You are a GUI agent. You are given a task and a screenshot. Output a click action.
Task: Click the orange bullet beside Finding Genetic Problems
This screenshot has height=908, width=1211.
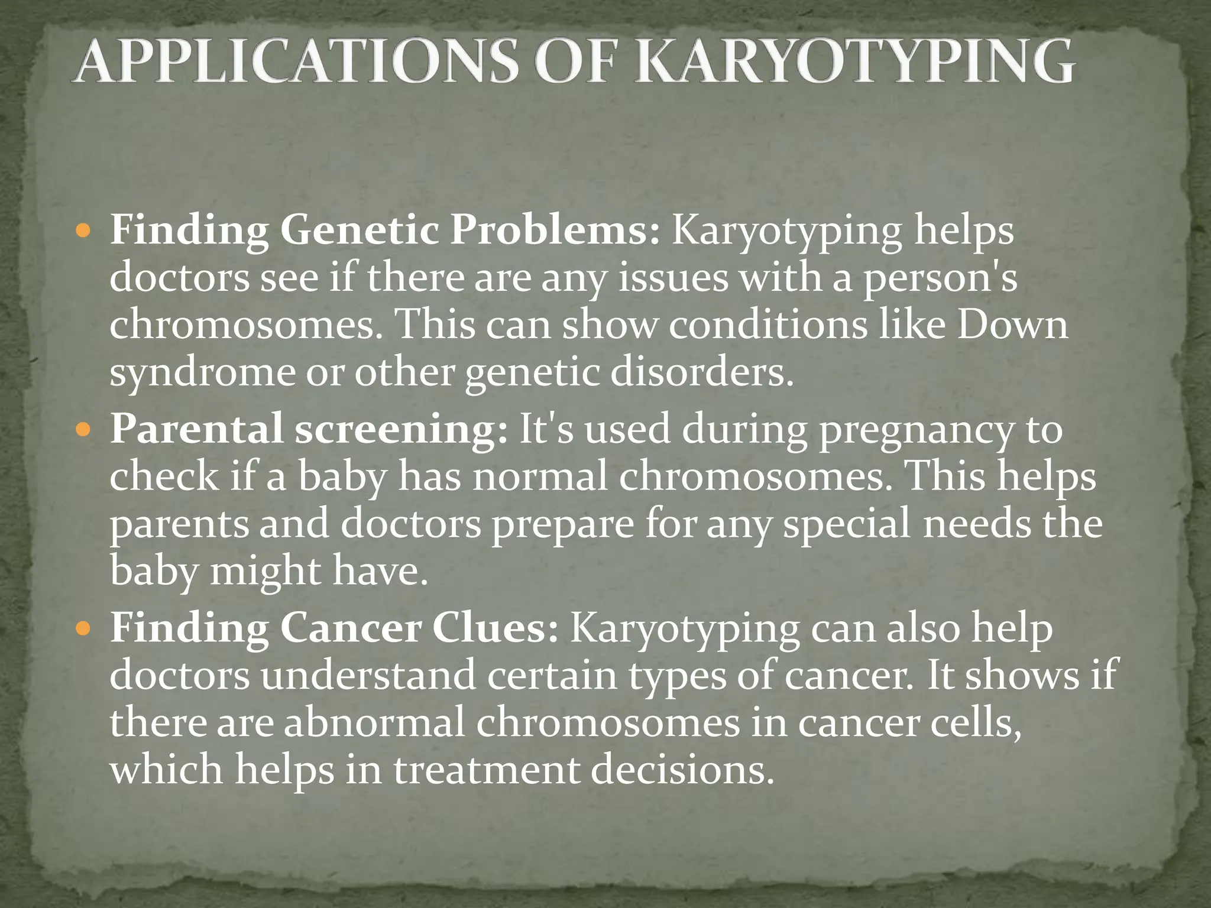pos(83,230)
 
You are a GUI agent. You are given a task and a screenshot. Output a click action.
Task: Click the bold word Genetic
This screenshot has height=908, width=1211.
pos(359,230)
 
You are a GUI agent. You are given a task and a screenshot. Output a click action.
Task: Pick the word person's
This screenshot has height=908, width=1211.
pos(940,278)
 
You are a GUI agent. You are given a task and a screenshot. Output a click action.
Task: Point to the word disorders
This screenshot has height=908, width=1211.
pos(701,372)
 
